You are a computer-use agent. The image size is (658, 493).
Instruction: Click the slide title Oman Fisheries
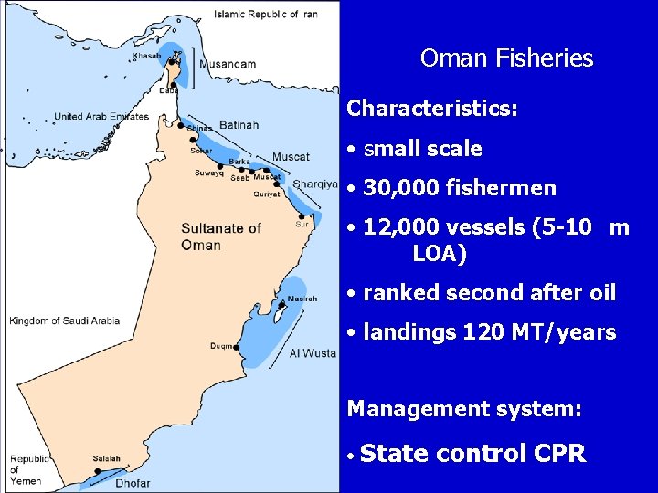click(506, 59)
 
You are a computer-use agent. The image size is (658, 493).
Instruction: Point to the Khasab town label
click(146, 56)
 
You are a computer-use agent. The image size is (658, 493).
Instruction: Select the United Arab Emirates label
click(101, 117)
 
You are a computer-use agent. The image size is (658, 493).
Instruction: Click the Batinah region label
click(239, 125)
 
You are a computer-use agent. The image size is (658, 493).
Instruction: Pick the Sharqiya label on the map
click(315, 184)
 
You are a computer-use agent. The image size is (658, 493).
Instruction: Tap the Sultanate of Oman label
click(221, 236)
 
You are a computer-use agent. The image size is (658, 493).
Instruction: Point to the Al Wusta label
click(313, 353)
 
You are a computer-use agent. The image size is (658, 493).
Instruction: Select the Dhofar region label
click(133, 483)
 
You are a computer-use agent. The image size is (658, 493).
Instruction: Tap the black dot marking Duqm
click(237, 347)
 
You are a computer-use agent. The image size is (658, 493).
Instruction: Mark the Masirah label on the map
click(302, 299)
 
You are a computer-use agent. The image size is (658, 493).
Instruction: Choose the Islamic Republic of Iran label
click(266, 15)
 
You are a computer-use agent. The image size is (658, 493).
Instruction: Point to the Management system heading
click(464, 409)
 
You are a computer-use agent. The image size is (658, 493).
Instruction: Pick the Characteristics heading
click(432, 109)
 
